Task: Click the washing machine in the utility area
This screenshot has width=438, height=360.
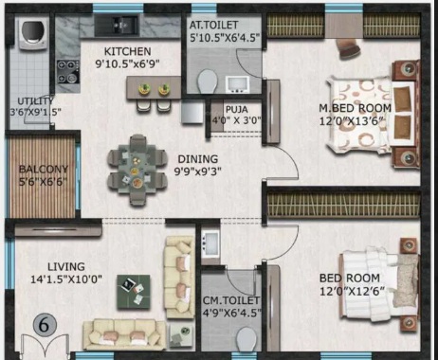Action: (x=33, y=33)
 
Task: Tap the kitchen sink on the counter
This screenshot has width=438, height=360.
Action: (x=117, y=26)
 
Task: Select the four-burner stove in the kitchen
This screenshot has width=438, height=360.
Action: (x=68, y=72)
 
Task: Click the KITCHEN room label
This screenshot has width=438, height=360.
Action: (x=127, y=51)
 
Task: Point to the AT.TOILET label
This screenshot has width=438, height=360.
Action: (x=213, y=25)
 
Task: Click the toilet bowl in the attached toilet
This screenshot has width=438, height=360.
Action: (x=208, y=81)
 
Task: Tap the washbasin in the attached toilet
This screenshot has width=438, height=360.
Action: (x=237, y=84)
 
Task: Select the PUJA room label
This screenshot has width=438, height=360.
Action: (x=237, y=110)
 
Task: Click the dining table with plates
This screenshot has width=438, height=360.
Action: (x=137, y=171)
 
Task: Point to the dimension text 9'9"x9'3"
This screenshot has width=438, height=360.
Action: (x=198, y=171)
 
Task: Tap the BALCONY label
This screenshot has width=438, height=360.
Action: (x=44, y=170)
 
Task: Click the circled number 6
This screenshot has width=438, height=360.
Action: (x=44, y=325)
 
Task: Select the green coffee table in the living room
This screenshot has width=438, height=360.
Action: (x=134, y=292)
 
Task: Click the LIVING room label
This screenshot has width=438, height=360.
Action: (x=66, y=267)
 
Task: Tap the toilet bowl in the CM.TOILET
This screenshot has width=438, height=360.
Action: (x=246, y=339)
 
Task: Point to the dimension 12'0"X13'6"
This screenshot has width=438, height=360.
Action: (x=352, y=121)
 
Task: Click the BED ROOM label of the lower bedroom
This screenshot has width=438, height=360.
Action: (x=350, y=279)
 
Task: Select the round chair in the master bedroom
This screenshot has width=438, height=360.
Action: (x=348, y=48)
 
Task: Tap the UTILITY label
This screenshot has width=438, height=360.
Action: (x=35, y=101)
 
